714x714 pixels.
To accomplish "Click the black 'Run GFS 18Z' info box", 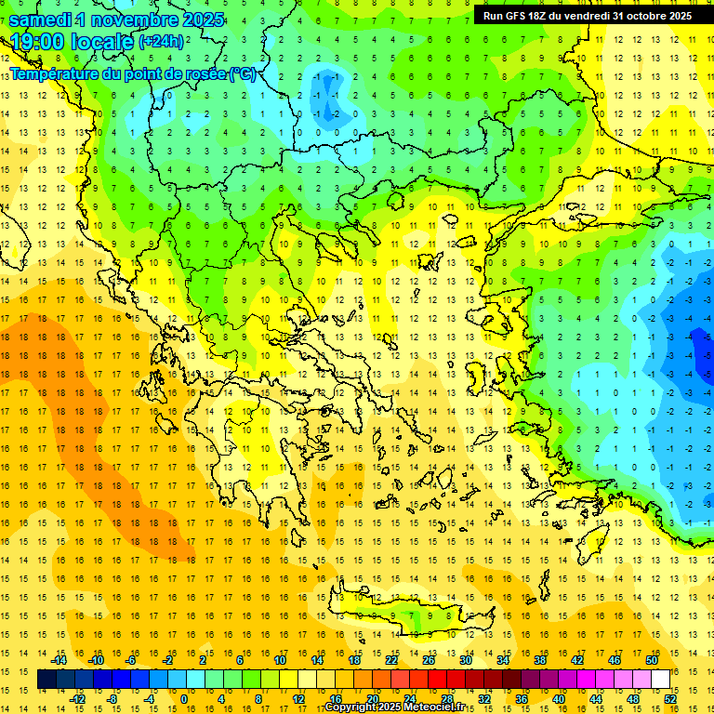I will (x=587, y=16).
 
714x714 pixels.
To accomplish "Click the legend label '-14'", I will (x=60, y=660).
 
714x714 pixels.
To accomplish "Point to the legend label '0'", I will (x=183, y=699).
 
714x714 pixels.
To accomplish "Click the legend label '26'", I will (x=429, y=660).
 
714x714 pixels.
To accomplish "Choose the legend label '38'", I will (x=540, y=660).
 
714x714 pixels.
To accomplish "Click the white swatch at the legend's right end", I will (x=660, y=680).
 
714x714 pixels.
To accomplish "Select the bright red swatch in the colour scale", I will (x=437, y=680).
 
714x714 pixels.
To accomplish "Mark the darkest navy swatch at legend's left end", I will (x=46, y=680).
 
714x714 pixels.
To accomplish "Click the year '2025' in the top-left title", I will (x=203, y=20).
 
